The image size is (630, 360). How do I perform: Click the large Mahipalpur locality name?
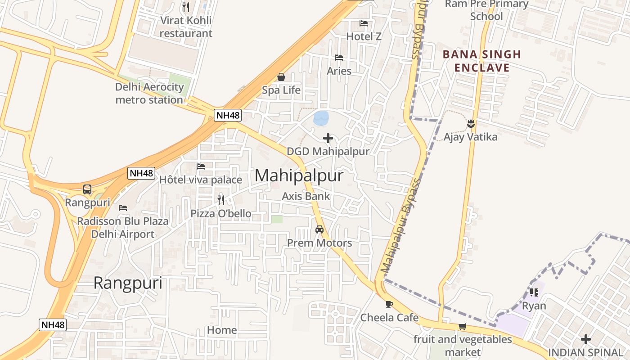point(299,175)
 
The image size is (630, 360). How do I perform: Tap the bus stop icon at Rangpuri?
point(87,189)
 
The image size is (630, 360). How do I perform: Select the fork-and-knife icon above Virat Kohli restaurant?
point(185,7)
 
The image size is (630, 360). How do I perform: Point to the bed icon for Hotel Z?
point(364,23)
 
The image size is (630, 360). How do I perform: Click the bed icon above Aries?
point(339,58)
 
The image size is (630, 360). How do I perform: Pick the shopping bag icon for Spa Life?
point(281,77)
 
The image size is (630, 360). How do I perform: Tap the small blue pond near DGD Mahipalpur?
point(321,118)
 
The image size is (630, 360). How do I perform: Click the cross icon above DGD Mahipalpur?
point(328,138)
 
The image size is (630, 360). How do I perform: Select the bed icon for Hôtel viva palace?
point(201,166)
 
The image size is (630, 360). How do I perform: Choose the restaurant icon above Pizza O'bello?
point(220,200)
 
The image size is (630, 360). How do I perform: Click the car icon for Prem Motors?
point(319,229)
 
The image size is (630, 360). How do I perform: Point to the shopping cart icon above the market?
point(462,326)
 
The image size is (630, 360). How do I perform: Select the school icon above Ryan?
point(534,292)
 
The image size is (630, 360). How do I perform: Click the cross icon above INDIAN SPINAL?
point(585,339)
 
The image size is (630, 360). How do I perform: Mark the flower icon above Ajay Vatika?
point(471,123)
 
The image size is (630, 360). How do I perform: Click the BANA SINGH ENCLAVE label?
point(482,61)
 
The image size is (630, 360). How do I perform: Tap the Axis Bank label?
point(306,196)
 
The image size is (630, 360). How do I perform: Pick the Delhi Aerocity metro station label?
point(149,93)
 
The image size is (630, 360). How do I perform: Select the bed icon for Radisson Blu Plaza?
point(123,208)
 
